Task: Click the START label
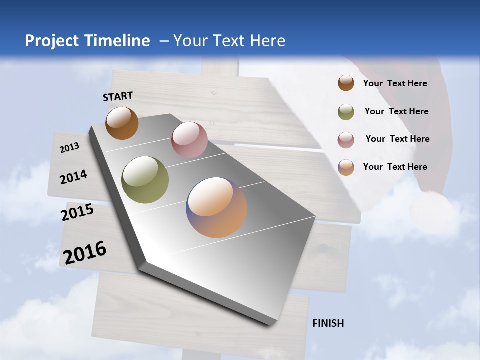pos(118,96)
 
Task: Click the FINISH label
pos(328,323)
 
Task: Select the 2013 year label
pos(69,147)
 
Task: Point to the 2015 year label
pos(77,212)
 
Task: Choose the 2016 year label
pos(85,253)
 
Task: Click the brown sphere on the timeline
pos(122,123)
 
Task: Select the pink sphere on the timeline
pos(189,140)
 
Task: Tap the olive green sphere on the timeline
pos(145,180)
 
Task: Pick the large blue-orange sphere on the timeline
pos(216,207)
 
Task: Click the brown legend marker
pos(346,83)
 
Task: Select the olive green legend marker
pos(346,112)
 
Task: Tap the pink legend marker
pos(346,140)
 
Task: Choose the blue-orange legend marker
pos(346,167)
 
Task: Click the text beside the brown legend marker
pos(395,83)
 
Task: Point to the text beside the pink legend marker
pos(397,139)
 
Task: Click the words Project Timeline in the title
pos(87,41)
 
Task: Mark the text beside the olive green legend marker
pos(396,111)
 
